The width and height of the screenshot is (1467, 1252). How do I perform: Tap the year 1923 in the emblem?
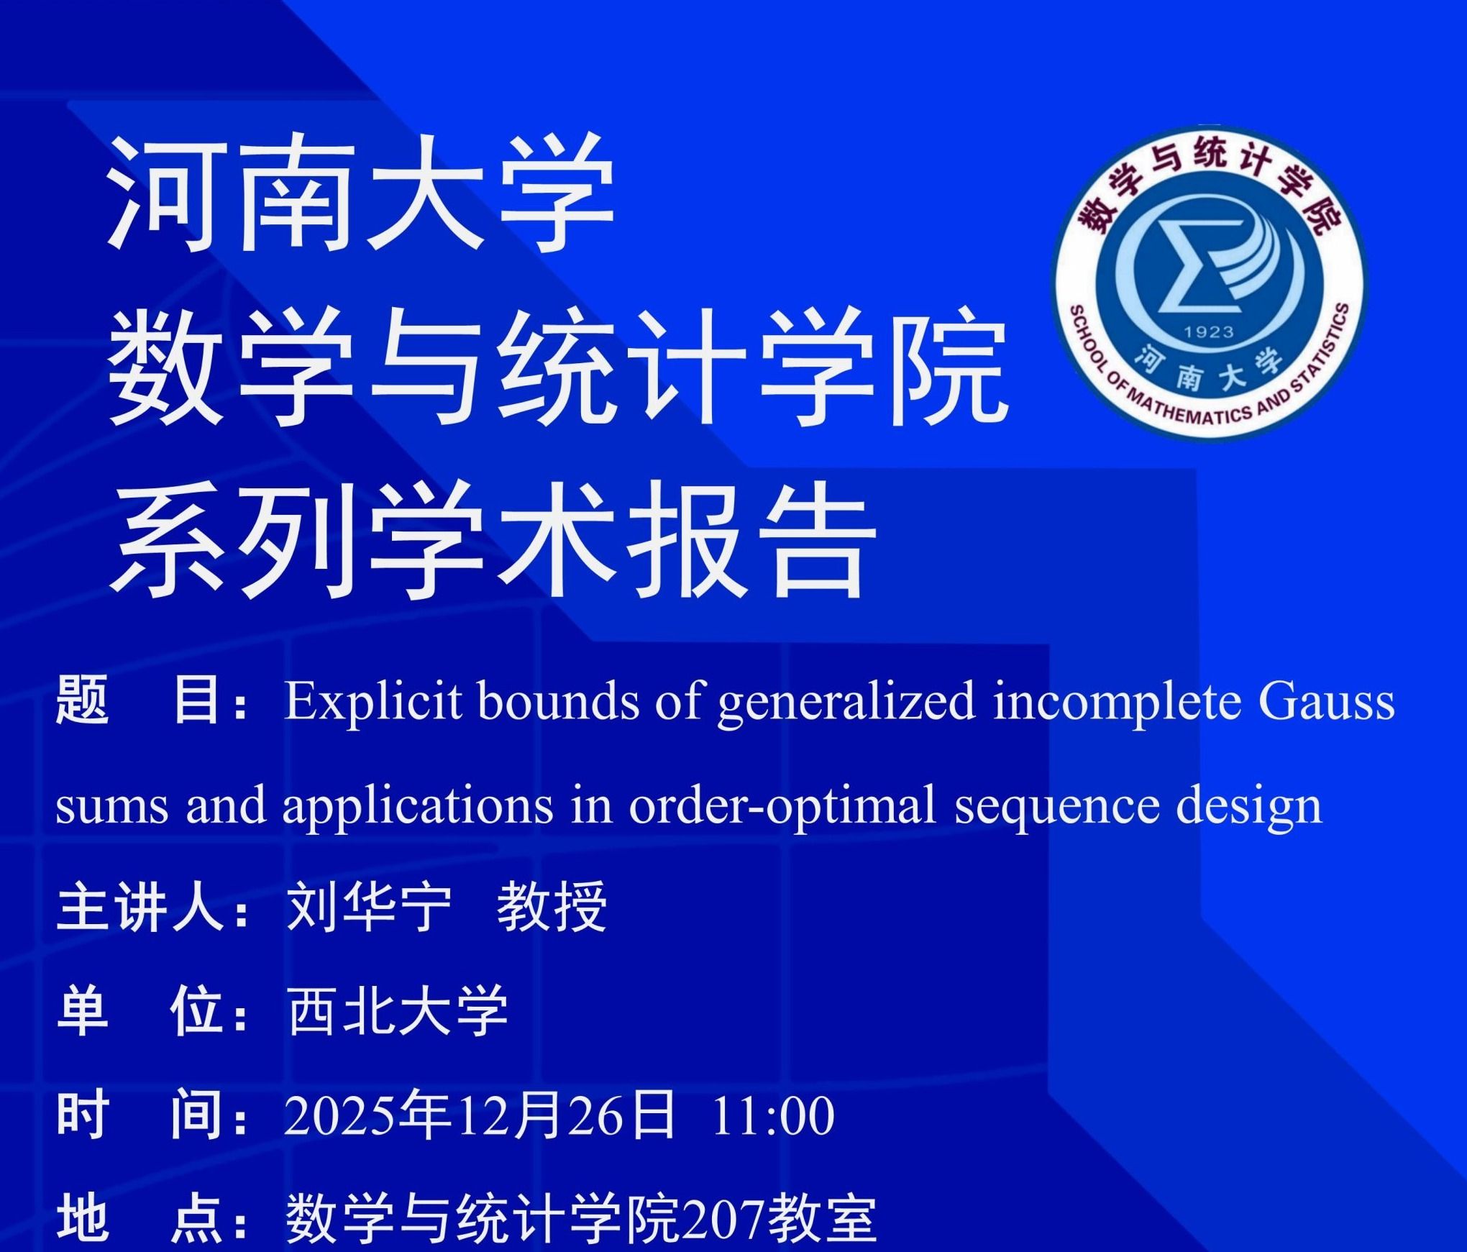click(x=1209, y=332)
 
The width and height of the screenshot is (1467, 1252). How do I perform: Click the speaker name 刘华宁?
click(x=367, y=908)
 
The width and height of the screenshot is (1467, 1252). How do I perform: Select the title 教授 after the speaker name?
click(x=552, y=908)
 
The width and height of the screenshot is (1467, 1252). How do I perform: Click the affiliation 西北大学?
click(x=396, y=1011)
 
